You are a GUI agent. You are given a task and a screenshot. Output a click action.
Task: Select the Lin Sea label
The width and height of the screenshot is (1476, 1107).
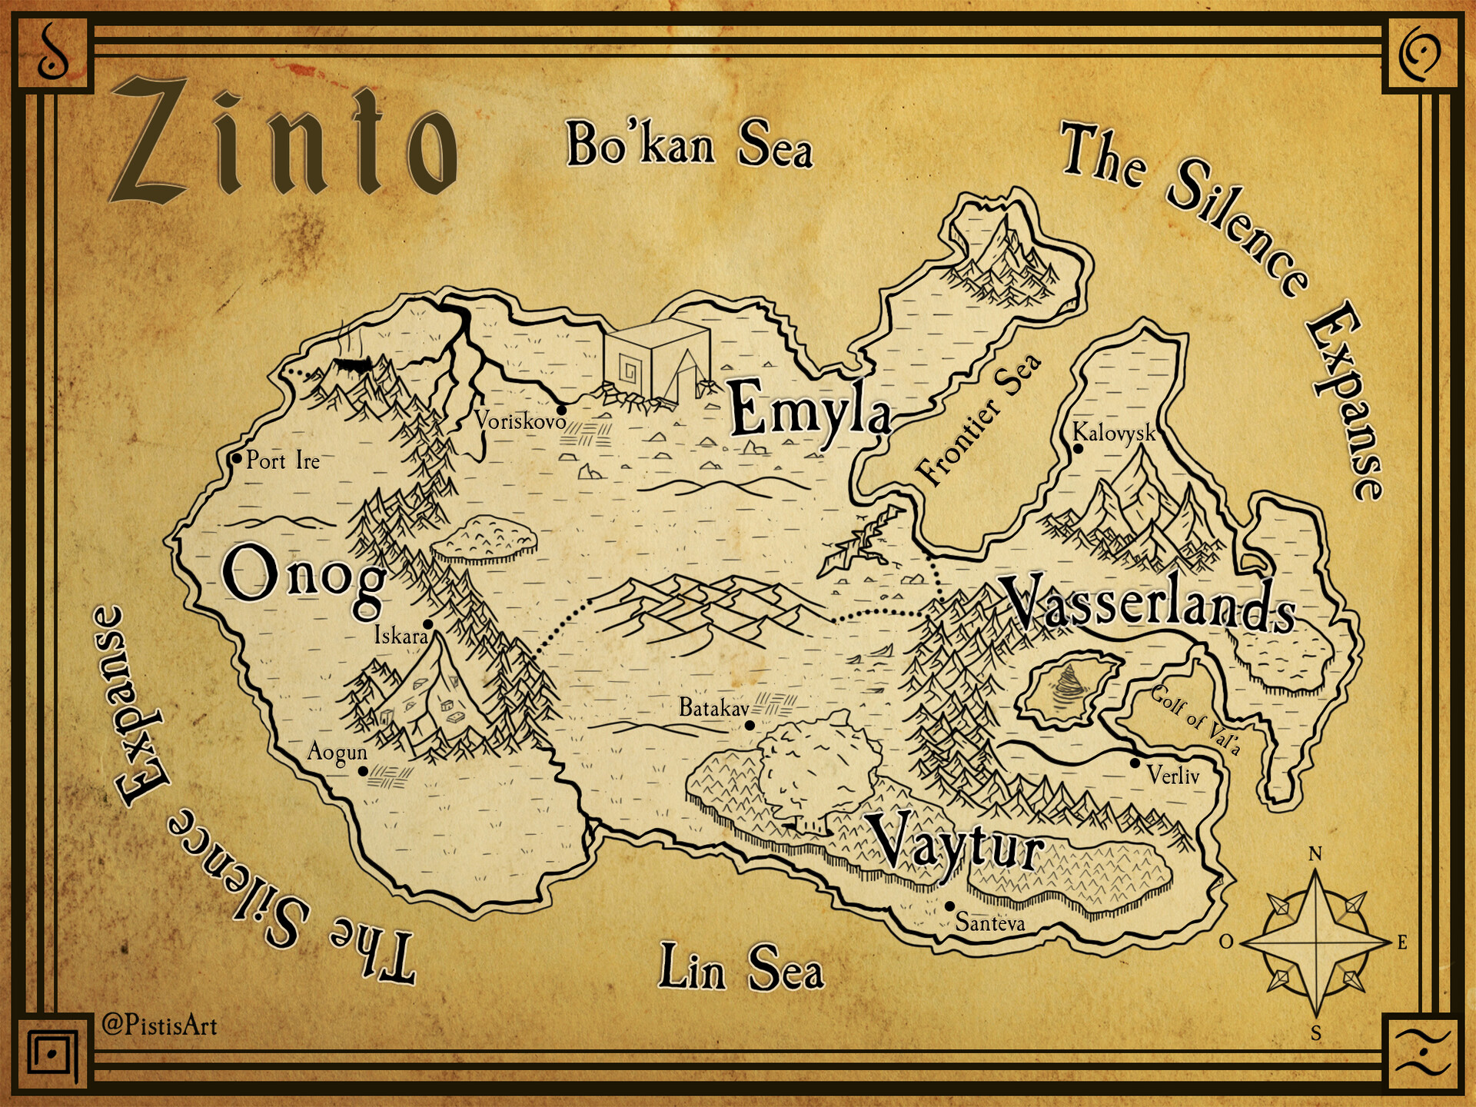point(741,967)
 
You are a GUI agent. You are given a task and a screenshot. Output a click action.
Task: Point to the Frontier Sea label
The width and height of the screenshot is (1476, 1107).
point(979,421)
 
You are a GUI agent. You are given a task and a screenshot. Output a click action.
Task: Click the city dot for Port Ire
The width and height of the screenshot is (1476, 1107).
point(237,459)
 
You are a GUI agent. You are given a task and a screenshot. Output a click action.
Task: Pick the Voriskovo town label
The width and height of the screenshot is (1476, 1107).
point(520,421)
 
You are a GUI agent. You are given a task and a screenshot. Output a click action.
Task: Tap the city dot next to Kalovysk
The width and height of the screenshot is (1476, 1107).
point(1078,449)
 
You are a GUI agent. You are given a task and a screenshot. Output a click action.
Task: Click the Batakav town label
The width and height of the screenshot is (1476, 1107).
point(713,707)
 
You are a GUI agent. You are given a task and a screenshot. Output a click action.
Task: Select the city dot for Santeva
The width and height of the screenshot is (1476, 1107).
point(950,906)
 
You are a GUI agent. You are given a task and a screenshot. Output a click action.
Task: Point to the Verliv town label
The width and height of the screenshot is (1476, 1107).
point(1173,775)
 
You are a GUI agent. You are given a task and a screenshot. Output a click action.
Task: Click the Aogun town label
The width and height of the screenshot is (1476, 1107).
point(337,751)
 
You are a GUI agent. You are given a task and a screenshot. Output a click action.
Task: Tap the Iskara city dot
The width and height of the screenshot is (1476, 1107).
point(428,623)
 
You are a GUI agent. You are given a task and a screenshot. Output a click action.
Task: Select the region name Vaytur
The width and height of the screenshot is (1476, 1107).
point(956,846)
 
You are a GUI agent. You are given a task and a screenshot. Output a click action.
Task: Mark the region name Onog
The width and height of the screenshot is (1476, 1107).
point(304,577)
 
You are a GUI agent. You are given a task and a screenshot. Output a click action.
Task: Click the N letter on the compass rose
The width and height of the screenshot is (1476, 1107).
point(1315,854)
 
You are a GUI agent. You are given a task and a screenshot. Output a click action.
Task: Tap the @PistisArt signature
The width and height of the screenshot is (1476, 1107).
point(160,1025)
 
